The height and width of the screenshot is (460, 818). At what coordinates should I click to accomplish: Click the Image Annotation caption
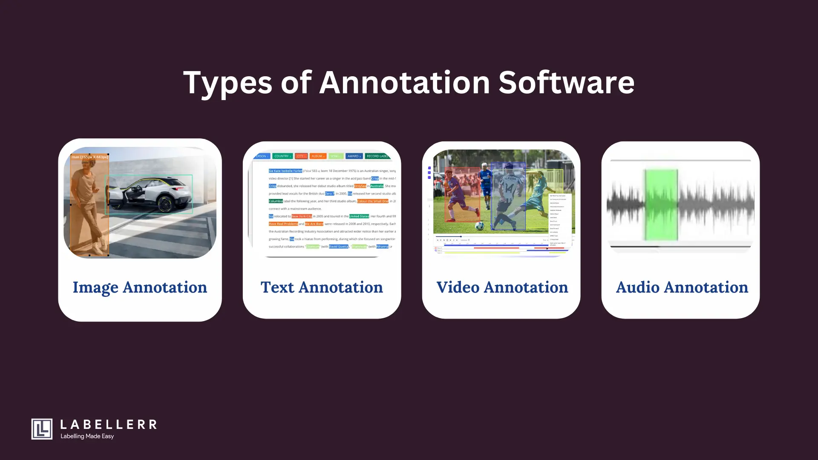point(140,287)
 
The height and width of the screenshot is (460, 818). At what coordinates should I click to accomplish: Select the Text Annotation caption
point(322,287)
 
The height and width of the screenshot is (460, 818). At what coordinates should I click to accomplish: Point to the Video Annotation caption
point(502,287)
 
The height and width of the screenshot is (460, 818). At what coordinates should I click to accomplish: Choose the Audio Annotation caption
point(682,287)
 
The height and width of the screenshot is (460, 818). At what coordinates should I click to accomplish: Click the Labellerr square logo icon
point(42,429)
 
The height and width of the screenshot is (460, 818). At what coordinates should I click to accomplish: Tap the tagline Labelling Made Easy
point(87,436)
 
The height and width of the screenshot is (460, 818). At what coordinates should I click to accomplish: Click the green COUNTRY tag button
point(282,156)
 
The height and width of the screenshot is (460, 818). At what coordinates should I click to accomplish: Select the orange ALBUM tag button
point(317,156)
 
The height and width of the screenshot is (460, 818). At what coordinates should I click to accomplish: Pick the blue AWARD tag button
point(354,156)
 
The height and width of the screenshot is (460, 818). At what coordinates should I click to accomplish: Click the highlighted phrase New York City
point(302,216)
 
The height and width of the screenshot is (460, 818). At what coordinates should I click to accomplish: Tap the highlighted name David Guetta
point(339,247)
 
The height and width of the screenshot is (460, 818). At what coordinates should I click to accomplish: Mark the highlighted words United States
point(359,216)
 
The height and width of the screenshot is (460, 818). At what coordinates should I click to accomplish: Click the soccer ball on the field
point(479,225)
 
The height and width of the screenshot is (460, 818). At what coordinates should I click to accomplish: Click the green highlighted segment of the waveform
point(661,204)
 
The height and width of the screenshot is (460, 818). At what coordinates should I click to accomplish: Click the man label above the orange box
point(89,157)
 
